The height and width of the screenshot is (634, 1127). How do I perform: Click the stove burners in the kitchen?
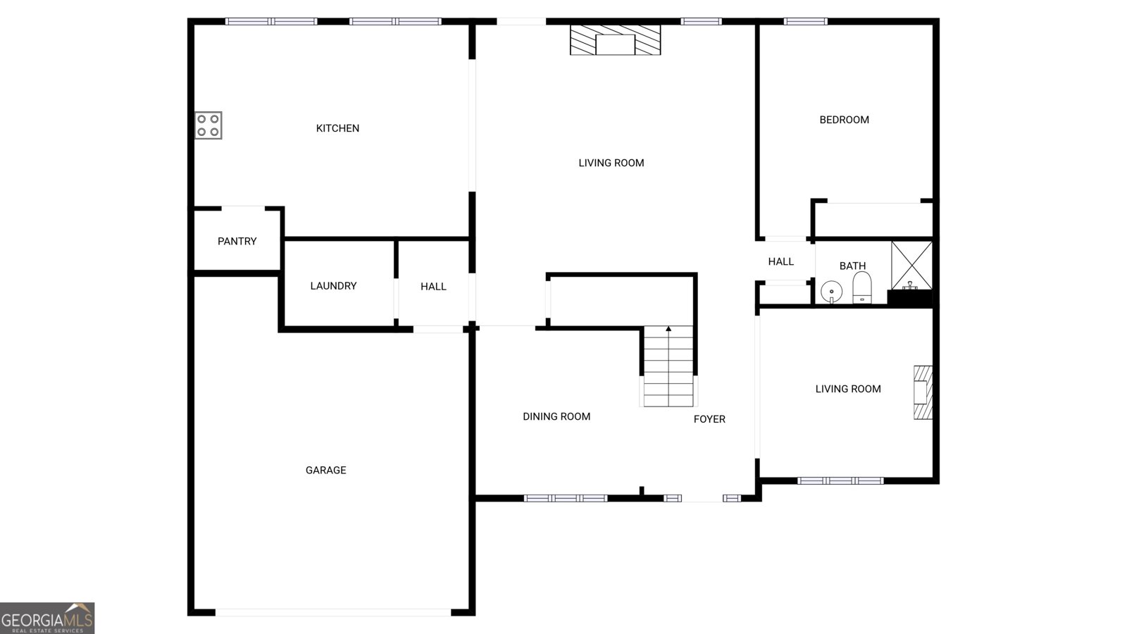click(x=208, y=125)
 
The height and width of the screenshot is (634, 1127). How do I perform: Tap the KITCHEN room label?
click(x=337, y=128)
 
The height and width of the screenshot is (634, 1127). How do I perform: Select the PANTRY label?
click(x=237, y=241)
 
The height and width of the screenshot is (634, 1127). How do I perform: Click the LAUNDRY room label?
click(x=333, y=286)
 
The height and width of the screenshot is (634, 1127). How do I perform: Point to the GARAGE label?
click(x=325, y=470)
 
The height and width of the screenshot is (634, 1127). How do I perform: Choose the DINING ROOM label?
click(x=556, y=416)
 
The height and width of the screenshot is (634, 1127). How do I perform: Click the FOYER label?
click(x=709, y=419)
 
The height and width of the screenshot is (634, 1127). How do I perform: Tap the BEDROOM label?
click(x=844, y=120)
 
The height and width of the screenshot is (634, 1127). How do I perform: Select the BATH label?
click(x=852, y=266)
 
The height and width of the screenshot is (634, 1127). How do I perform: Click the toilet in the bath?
click(x=862, y=288)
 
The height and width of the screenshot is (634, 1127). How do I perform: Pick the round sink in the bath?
click(x=832, y=291)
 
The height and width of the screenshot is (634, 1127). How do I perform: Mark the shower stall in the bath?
click(x=911, y=265)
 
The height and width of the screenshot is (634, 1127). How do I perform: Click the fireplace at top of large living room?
click(x=615, y=40)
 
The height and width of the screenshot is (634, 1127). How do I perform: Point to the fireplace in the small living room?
click(x=923, y=392)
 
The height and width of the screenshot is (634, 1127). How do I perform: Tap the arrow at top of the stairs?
click(x=668, y=329)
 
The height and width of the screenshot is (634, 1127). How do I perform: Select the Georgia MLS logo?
click(x=47, y=619)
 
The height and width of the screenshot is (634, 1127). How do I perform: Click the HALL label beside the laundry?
click(x=433, y=287)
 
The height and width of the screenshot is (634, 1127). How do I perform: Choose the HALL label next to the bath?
click(x=780, y=261)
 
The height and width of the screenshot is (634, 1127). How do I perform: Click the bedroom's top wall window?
click(x=806, y=21)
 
